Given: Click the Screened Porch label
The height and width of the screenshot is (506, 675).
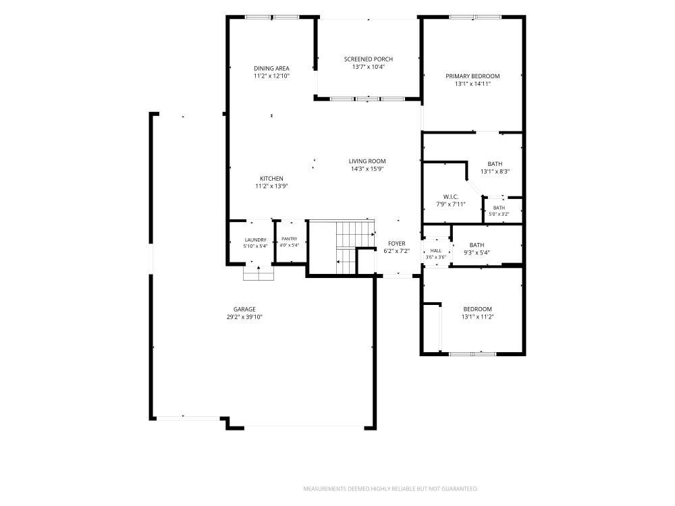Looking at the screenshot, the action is [368, 59].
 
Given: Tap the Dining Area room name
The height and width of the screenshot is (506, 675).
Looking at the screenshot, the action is [271, 68].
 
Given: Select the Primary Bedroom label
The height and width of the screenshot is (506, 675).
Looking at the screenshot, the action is [473, 76].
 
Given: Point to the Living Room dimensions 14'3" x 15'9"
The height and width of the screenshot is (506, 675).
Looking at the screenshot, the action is [367, 169].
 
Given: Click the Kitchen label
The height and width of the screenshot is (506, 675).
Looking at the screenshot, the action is [271, 179].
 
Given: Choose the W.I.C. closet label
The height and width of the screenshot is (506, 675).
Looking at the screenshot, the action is [451, 197].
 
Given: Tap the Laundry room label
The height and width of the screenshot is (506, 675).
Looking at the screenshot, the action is [256, 240].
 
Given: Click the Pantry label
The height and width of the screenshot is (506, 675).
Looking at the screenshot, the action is [290, 240].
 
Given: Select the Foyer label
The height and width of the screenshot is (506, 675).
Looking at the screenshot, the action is [396, 244].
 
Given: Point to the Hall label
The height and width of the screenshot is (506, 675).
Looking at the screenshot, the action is [435, 251].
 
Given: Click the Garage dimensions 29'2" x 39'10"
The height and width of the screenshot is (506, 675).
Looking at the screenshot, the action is [244, 317].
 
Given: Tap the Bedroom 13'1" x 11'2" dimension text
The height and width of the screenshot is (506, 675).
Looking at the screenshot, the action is [477, 317].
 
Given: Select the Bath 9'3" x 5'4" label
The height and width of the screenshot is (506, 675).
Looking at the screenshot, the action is [477, 249].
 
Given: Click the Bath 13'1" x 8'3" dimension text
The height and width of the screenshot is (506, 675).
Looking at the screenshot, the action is [495, 171].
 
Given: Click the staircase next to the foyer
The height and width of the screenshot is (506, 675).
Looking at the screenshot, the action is [354, 248].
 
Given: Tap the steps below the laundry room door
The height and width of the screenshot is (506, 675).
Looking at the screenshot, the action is [259, 274].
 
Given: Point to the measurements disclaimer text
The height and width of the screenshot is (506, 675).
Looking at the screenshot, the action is [390, 488].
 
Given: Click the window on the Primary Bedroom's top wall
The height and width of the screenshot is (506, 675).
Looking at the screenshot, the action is [475, 18].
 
